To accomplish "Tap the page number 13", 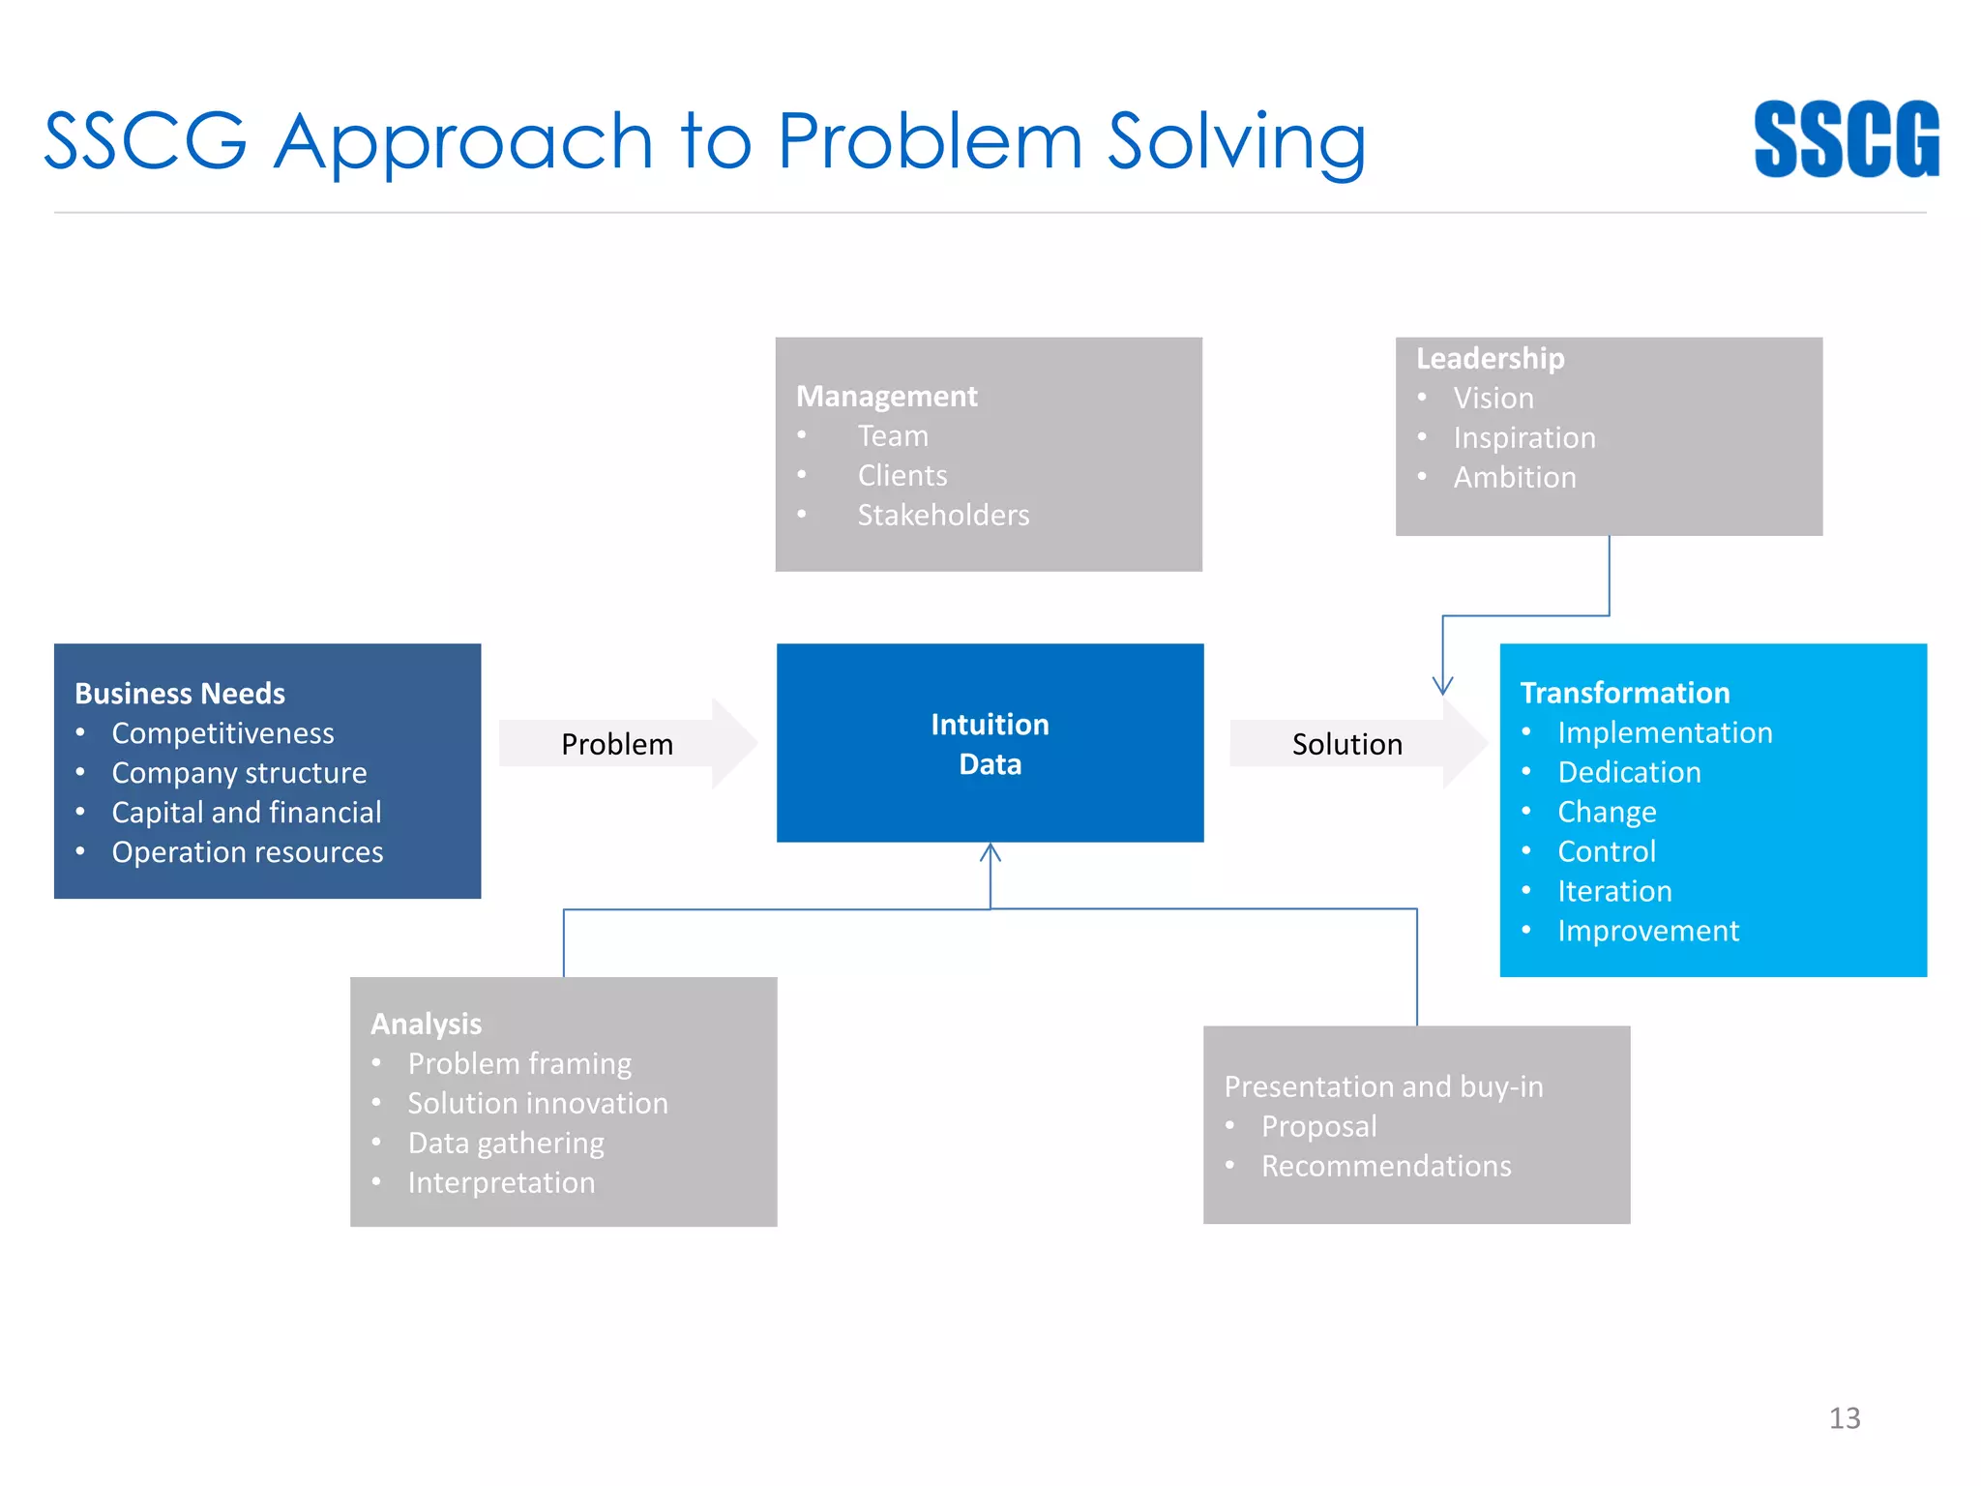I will (x=1844, y=1418).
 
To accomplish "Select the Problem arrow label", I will (x=617, y=744).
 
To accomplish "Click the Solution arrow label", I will (x=1346, y=744).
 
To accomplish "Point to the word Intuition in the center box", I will (x=990, y=725).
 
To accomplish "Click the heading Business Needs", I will (x=180, y=694).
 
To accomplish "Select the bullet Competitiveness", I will (x=222, y=733).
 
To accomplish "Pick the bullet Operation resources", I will (x=248, y=852).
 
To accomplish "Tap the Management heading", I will (x=886, y=397).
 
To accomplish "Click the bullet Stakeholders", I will (x=943, y=516).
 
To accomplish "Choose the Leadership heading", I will (x=1490, y=358).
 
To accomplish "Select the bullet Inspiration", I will (x=1524, y=438).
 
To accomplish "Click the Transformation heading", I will (x=1624, y=693).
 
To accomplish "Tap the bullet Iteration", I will (x=1614, y=891).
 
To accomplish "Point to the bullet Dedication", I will (x=1629, y=772).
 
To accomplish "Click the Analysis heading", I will (x=426, y=1024).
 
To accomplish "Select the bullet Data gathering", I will (x=506, y=1144).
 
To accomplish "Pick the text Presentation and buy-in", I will (x=1383, y=1086).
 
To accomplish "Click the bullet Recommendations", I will (x=1386, y=1166).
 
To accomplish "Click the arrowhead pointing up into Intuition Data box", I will (x=990, y=852).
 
